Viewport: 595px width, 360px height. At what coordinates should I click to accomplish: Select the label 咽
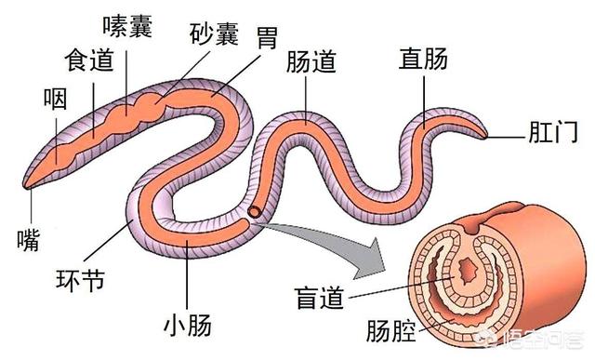(55, 99)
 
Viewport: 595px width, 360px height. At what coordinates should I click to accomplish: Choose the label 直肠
(423, 61)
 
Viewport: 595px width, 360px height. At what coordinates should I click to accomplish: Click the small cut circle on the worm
(254, 212)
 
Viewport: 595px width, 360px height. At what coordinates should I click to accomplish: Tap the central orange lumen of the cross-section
(467, 274)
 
